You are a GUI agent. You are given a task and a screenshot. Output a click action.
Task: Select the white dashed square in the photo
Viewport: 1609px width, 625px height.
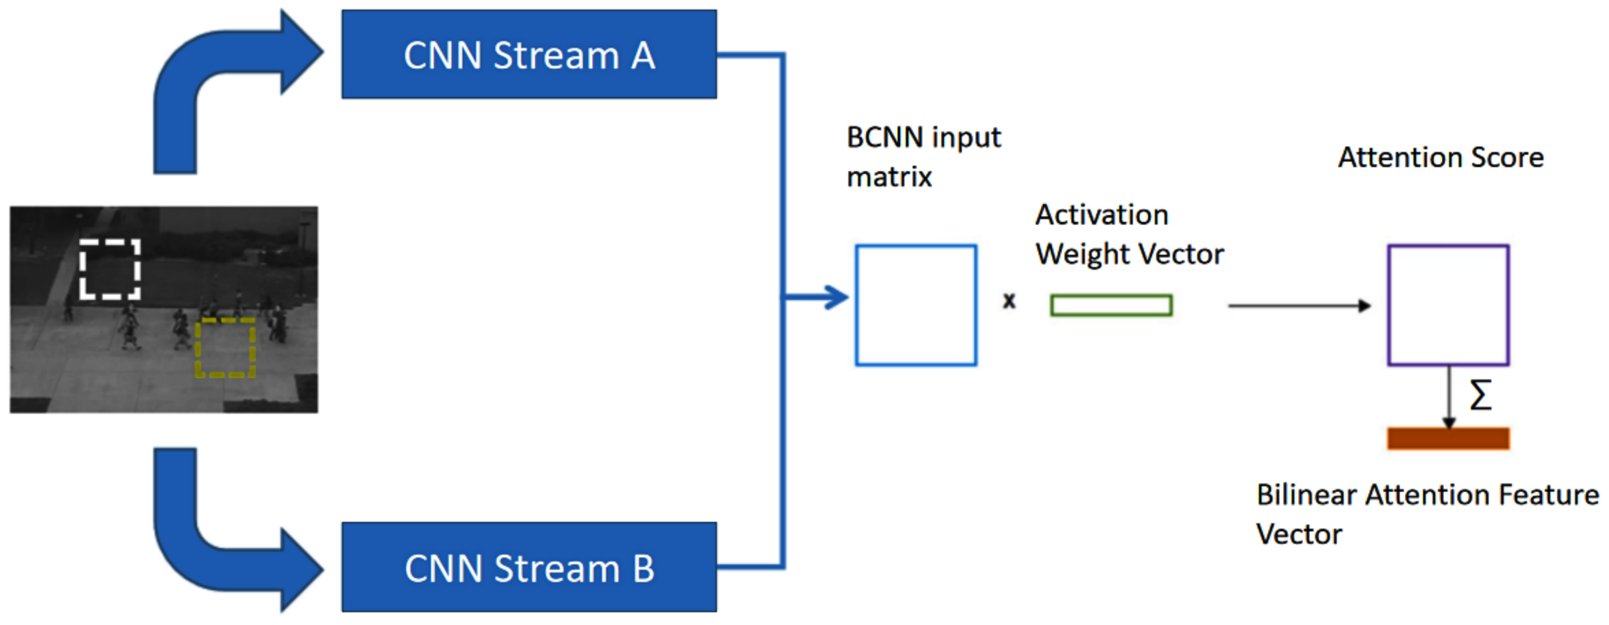point(110,269)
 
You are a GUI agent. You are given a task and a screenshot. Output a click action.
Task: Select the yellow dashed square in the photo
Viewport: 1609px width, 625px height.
point(225,347)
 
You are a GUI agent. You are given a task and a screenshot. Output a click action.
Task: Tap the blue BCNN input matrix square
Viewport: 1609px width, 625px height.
point(916,305)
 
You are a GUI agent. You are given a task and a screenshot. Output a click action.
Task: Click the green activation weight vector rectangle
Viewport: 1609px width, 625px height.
point(1111,305)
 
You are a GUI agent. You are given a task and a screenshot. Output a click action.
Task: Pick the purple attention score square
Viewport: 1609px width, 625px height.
point(1448,305)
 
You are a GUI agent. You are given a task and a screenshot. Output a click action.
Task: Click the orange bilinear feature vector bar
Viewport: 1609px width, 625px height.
point(1448,438)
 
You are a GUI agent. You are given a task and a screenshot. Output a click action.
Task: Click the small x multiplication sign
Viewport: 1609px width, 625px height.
point(1009,301)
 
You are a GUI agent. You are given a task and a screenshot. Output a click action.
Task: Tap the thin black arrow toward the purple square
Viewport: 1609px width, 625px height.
point(1299,306)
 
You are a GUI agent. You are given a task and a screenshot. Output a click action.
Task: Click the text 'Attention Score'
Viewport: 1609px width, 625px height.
point(1440,157)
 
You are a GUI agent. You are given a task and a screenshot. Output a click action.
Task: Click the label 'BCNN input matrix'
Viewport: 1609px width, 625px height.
point(923,157)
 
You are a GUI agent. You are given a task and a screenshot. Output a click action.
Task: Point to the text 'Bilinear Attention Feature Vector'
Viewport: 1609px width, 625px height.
point(1427,514)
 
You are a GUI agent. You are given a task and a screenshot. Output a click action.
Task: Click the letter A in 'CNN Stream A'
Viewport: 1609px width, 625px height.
point(642,55)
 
